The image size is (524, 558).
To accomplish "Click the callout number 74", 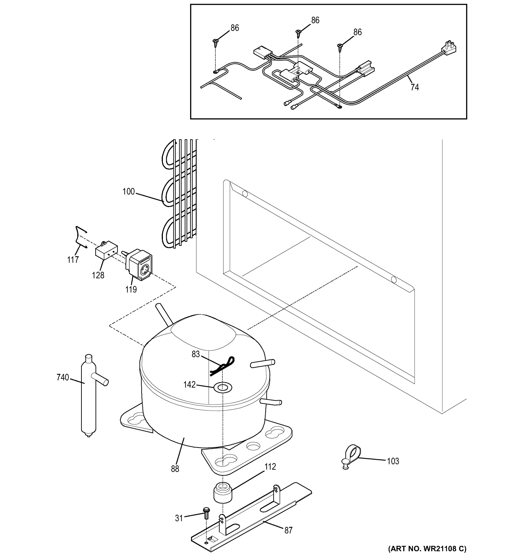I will point(414,88).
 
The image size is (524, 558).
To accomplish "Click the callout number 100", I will point(129,192).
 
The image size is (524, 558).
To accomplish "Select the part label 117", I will point(73,260).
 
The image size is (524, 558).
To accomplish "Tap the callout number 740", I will point(63,378).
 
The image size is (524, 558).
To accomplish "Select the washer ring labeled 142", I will point(223,388).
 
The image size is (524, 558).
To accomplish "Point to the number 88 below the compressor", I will point(175,469).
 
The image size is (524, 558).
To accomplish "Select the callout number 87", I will point(288,530).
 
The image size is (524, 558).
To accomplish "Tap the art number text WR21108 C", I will point(427,548).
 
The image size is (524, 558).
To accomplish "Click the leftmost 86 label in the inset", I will point(234,28).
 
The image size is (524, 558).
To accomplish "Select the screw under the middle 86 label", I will point(298,34).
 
